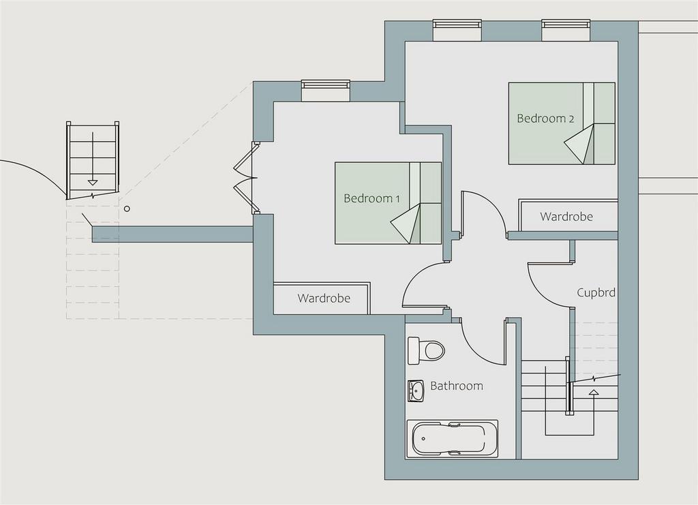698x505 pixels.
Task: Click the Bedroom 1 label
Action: (x=371, y=198)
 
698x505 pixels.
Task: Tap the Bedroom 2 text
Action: (x=545, y=119)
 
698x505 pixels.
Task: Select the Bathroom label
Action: (x=456, y=385)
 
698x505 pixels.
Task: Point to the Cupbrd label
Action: (x=596, y=292)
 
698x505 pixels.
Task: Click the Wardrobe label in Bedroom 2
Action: (x=566, y=217)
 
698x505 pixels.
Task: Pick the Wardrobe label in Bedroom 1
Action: (x=324, y=298)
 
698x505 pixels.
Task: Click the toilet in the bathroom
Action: (x=427, y=350)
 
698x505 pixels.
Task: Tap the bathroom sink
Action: (x=416, y=391)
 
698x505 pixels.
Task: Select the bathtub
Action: (x=451, y=438)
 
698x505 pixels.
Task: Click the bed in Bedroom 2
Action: (x=562, y=123)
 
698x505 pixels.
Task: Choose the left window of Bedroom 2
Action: (x=457, y=29)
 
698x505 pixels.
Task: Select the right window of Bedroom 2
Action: (x=566, y=29)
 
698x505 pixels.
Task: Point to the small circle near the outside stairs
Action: (x=127, y=209)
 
